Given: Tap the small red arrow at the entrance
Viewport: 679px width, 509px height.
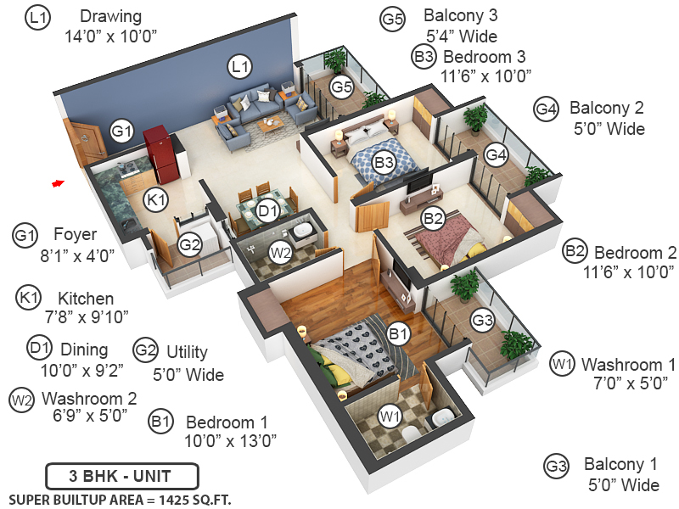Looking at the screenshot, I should (x=58, y=182).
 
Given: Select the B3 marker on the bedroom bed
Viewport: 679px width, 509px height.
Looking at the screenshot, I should (x=384, y=161).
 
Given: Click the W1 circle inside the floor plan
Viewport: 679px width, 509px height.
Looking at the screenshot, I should (x=390, y=417).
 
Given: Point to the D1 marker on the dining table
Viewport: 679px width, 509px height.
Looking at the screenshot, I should (x=268, y=210).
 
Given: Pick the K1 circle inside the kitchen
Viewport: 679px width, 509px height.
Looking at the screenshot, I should (x=154, y=200).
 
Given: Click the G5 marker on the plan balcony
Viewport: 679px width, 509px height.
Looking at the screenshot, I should (x=342, y=87).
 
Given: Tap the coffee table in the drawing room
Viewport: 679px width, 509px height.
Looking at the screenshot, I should (x=271, y=126).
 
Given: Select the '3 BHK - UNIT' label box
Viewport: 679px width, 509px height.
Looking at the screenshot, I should (x=121, y=474).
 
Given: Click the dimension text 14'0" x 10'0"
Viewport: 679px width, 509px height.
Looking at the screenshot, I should (x=110, y=36).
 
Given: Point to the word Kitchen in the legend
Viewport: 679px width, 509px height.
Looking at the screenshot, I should (x=86, y=299).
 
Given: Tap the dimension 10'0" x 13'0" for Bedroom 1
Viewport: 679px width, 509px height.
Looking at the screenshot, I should (x=231, y=440).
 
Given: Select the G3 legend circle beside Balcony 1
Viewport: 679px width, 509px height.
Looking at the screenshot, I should (x=556, y=466).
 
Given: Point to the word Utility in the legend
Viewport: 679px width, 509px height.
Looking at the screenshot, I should (x=187, y=352).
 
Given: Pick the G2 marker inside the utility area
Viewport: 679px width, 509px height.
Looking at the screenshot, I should (x=189, y=245).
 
